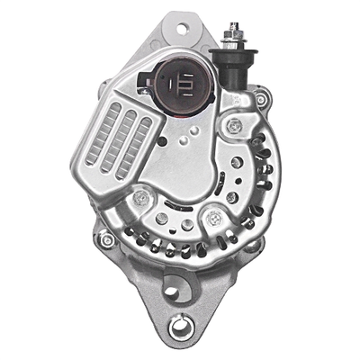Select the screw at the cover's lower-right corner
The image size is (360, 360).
(x=213, y=217)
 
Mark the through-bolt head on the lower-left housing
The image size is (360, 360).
(x=106, y=239)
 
